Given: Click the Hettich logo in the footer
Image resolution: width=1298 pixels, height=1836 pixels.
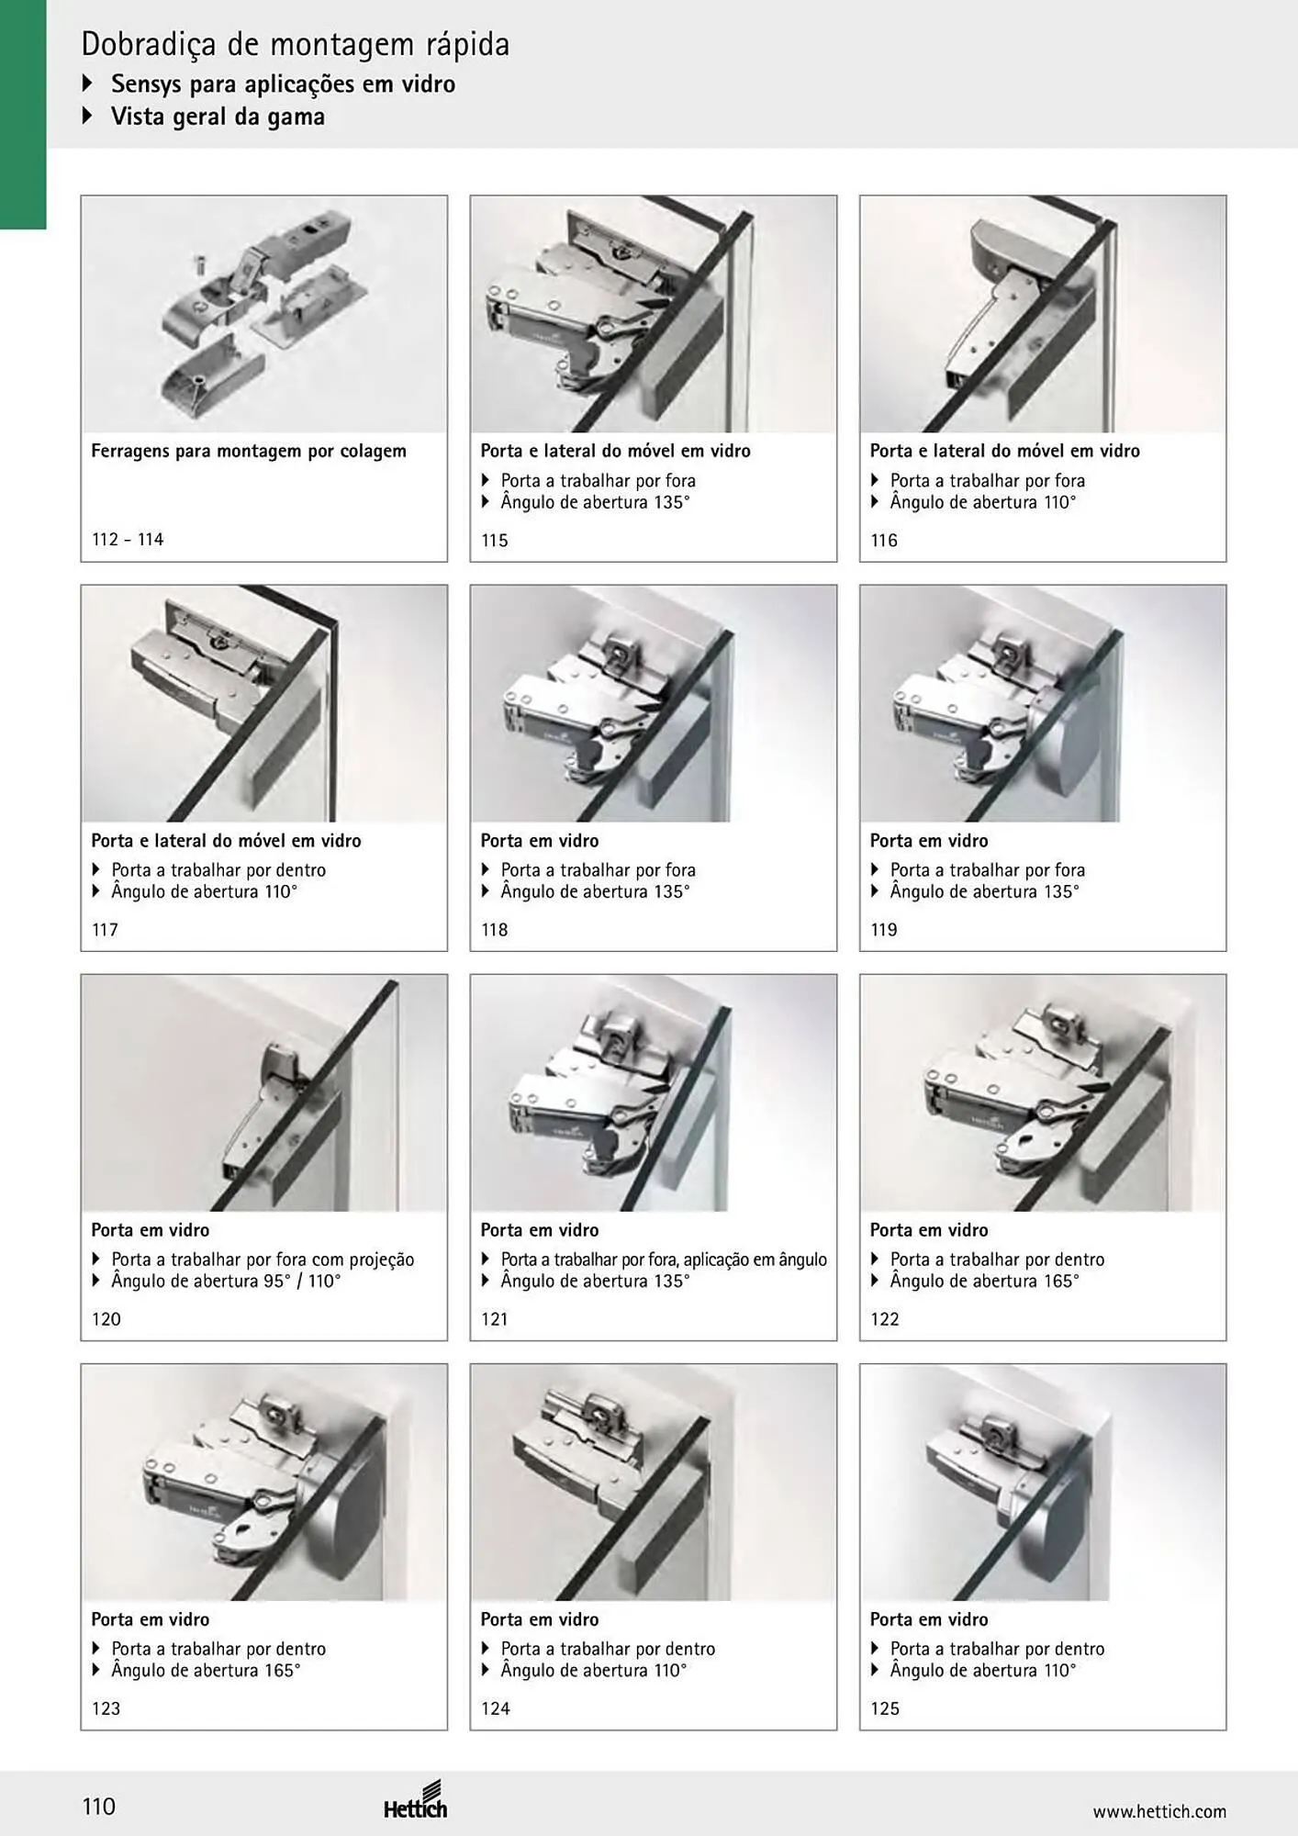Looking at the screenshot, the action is click(416, 1800).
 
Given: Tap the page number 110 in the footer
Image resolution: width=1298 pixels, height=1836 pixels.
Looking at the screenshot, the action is click(99, 1807).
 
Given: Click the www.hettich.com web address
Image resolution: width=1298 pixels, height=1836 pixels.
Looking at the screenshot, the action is click(1159, 1811).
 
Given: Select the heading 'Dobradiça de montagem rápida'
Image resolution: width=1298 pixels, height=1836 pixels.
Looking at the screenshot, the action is click(296, 44).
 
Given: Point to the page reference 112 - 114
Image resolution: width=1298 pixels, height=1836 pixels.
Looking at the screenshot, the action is click(128, 540).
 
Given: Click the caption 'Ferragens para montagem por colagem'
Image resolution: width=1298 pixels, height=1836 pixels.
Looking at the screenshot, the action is click(249, 451).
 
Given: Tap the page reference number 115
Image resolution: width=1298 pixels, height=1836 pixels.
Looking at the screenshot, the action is click(495, 541).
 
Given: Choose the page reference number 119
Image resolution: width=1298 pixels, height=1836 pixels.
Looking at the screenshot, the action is click(884, 930).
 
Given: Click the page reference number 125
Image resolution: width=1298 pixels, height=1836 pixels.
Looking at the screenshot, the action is click(885, 1708).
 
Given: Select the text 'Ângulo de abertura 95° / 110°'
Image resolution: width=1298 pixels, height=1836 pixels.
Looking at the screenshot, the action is click(226, 1281).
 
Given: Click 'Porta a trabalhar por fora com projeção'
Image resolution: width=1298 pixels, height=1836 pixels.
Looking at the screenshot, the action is click(263, 1259).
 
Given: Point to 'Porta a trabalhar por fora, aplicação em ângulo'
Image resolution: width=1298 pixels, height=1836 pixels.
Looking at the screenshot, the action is click(664, 1259).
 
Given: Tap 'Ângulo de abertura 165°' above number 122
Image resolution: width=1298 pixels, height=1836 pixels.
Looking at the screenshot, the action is click(985, 1281).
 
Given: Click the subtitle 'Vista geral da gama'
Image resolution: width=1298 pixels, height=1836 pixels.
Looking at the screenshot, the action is click(218, 117).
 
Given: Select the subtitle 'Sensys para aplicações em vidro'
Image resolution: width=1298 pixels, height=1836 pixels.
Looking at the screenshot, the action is click(284, 84).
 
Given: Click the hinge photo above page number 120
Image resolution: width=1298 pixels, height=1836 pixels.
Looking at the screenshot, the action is click(264, 1092).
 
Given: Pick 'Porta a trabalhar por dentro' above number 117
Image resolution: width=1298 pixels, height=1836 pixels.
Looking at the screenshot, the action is click(218, 869).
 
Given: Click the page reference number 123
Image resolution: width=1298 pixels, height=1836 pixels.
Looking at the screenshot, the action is click(106, 1708).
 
